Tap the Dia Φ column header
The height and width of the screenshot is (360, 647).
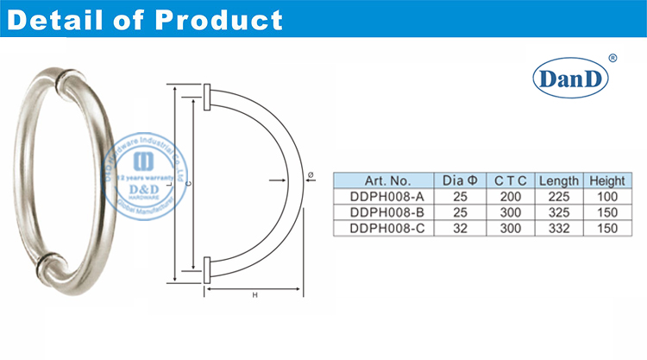pyautogui.click(x=459, y=180)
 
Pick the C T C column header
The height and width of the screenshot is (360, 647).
pyautogui.click(x=510, y=180)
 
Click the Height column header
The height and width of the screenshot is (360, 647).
pyautogui.click(x=606, y=180)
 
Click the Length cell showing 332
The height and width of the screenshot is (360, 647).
pyautogui.click(x=558, y=227)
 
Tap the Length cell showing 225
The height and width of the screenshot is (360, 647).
pyautogui.click(x=558, y=196)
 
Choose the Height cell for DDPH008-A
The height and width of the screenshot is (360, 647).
pyautogui.click(x=606, y=196)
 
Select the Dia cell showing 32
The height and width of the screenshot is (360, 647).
pyautogui.click(x=459, y=227)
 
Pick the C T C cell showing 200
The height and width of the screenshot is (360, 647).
pyautogui.click(x=510, y=196)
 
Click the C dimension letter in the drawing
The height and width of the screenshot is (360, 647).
pyautogui.click(x=188, y=183)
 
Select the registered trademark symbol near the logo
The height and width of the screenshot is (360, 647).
pyautogui.click(x=612, y=58)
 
